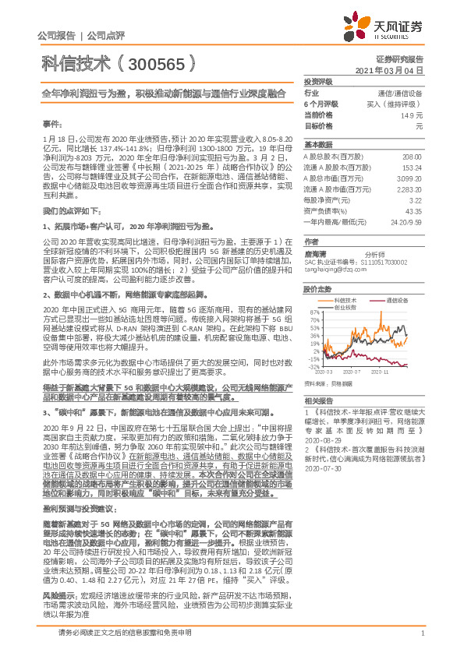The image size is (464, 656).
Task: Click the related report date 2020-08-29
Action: (x=318, y=440)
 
